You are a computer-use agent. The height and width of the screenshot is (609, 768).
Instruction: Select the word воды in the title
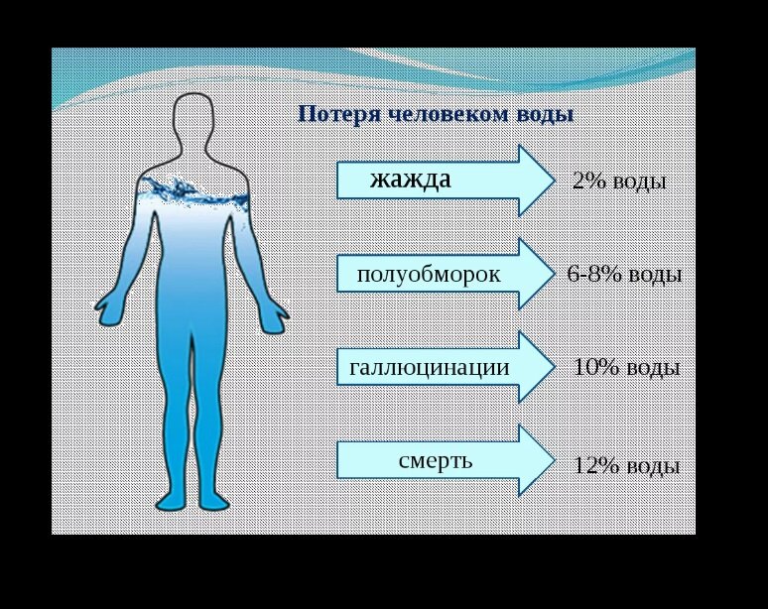click(x=545, y=114)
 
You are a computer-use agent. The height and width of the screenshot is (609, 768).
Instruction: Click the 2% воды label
click(x=619, y=182)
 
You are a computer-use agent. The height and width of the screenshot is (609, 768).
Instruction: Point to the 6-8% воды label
click(x=624, y=275)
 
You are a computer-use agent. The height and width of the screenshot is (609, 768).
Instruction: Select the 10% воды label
click(x=626, y=367)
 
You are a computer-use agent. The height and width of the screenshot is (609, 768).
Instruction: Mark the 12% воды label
click(x=626, y=466)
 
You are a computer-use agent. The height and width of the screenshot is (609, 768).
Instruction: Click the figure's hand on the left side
click(x=108, y=308)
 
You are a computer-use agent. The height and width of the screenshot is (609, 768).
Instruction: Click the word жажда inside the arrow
click(x=410, y=180)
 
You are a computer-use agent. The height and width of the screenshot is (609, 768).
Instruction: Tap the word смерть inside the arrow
click(x=435, y=460)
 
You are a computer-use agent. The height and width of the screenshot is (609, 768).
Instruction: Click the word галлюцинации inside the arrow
click(x=429, y=368)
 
